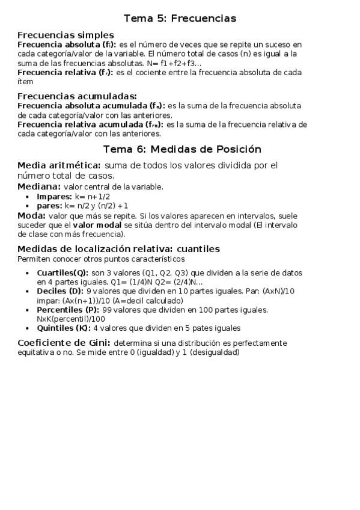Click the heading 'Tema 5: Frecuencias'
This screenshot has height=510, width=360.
click(x=180, y=19)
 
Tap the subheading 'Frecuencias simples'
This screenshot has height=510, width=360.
click(x=66, y=35)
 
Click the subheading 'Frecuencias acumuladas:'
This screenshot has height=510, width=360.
click(x=77, y=96)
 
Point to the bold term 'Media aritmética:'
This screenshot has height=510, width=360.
click(x=59, y=165)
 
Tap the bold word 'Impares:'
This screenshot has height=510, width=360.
click(x=54, y=197)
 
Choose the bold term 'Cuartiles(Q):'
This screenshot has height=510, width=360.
click(x=63, y=272)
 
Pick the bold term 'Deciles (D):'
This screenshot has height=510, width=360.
click(x=61, y=291)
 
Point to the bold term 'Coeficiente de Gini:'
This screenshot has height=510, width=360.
click(x=64, y=343)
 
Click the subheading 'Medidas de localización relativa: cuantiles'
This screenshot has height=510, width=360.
click(x=118, y=249)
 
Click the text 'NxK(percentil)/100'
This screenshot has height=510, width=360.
click(x=71, y=319)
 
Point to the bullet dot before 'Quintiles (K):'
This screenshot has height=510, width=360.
click(x=29, y=328)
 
